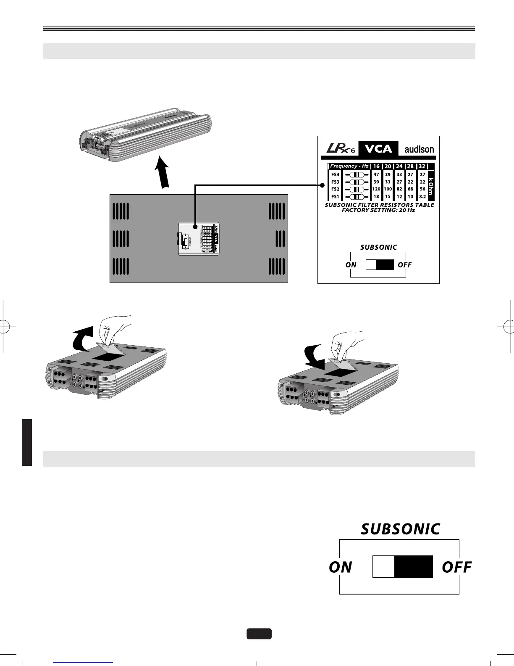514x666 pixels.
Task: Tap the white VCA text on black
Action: [378, 149]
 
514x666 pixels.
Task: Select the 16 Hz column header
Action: [376, 166]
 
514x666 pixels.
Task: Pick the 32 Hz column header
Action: [422, 166]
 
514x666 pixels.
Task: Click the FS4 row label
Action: [335, 174]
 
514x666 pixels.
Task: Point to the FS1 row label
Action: [335, 196]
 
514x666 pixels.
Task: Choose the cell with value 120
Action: [376, 189]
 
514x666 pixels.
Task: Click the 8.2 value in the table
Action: [422, 196]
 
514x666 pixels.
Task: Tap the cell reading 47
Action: [376, 174]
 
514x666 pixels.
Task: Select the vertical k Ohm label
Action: [430, 185]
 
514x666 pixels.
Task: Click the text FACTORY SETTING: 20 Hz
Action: [378, 210]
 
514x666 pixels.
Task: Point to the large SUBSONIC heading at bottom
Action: [400, 529]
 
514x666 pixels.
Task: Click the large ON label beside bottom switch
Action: [341, 567]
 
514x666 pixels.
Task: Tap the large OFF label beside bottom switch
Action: [457, 567]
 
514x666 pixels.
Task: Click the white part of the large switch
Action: [383, 567]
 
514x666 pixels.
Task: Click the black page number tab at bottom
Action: [259, 634]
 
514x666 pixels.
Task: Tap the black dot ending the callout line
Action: [322, 185]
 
